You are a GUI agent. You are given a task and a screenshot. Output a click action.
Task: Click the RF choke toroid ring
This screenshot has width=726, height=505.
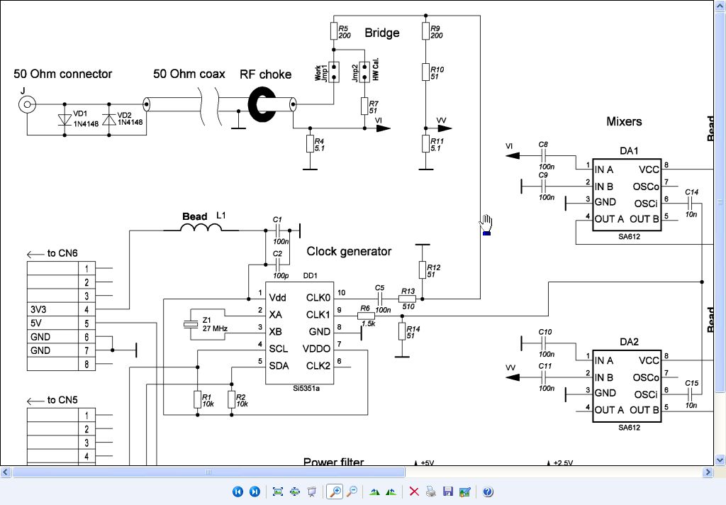[263, 104]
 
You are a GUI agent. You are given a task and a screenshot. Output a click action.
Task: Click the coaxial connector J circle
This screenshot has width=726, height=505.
[27, 106]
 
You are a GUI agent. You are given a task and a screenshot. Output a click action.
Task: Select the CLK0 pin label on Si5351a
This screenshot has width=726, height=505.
[318, 297]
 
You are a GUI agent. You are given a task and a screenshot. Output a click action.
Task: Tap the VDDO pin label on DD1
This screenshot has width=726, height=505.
[317, 349]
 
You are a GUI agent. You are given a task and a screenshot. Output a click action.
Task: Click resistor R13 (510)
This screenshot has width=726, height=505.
[407, 300]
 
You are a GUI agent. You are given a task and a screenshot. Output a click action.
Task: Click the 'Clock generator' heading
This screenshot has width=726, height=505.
[349, 251]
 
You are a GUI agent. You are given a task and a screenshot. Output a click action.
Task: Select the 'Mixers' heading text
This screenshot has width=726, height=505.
[624, 121]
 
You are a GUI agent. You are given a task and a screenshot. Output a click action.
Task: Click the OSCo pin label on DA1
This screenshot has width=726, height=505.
[646, 187]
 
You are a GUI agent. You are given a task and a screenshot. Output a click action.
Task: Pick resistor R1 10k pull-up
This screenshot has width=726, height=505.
[196, 399]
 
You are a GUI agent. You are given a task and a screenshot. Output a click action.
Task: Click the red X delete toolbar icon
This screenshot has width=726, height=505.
[414, 492]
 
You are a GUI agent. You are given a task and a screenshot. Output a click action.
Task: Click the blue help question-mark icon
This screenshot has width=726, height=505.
[487, 492]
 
